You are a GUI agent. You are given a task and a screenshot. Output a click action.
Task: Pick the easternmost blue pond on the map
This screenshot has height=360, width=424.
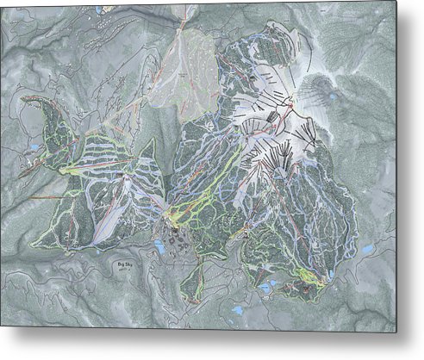tap(368, 251)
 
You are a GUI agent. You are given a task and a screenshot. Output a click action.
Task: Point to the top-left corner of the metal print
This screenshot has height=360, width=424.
tap(2, 3)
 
